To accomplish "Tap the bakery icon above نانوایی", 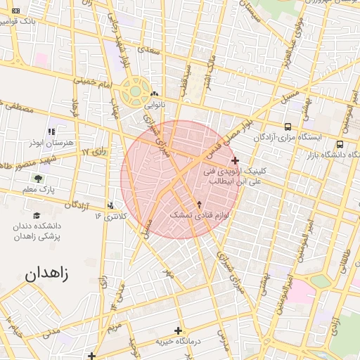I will (x=154, y=94).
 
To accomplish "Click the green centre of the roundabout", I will (x=134, y=91).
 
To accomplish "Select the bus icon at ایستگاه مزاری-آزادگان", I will (x=288, y=127).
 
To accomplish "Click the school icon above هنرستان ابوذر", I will (x=51, y=131).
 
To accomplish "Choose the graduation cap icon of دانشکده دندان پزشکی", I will (x=37, y=215).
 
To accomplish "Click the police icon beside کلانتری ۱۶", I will (x=110, y=206).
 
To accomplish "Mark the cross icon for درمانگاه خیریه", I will (x=178, y=330).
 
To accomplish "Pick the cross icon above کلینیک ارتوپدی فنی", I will (x=235, y=160).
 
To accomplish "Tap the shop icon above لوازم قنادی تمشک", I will (x=200, y=203).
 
